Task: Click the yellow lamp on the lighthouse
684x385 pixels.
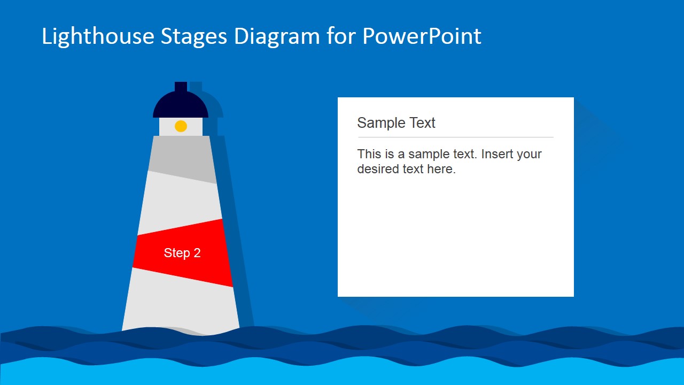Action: coord(181,126)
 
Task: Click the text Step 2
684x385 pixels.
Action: coord(182,253)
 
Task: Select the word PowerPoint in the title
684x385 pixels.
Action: coord(422,36)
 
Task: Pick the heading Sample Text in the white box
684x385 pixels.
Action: coord(396,123)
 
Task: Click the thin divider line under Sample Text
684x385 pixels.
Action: coord(455,137)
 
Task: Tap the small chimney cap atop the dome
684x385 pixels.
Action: coord(181,87)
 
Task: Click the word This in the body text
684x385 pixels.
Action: coord(369,154)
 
